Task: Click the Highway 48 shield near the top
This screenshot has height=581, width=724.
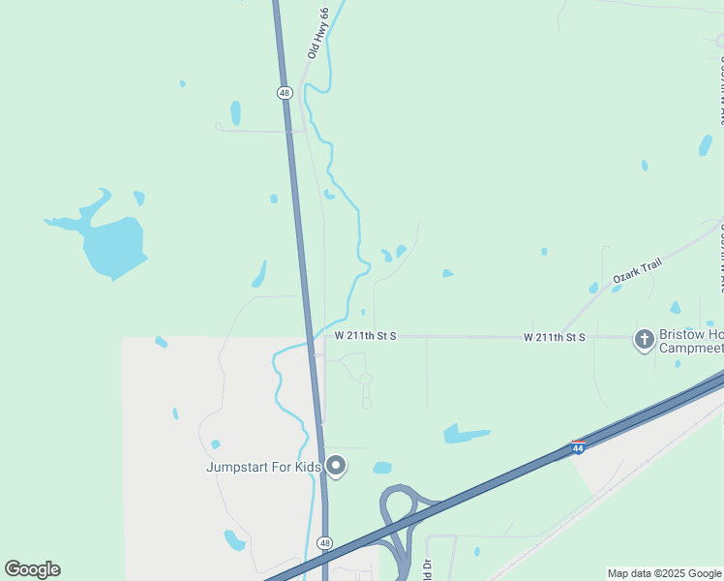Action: (x=284, y=93)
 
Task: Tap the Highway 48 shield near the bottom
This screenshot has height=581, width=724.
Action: (x=325, y=543)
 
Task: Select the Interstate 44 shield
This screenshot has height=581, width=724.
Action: (x=578, y=448)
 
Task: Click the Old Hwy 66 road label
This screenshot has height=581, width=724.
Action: (x=318, y=34)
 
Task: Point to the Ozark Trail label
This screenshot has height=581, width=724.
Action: (x=637, y=272)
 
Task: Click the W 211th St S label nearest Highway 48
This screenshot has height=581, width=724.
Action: (x=366, y=335)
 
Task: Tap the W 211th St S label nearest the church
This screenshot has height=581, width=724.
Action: (x=555, y=337)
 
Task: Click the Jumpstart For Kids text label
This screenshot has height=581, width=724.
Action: (x=263, y=467)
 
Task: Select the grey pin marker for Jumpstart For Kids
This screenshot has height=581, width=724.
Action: (x=336, y=466)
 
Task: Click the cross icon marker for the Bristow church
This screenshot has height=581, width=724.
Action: (x=644, y=339)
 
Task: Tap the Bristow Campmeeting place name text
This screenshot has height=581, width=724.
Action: (x=690, y=341)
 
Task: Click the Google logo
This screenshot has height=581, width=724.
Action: (x=32, y=569)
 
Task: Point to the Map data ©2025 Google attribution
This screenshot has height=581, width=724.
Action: (x=664, y=573)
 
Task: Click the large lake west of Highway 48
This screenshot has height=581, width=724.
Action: (x=114, y=245)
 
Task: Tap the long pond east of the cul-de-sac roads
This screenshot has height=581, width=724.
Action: (x=466, y=434)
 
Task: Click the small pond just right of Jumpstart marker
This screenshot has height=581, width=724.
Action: (x=382, y=468)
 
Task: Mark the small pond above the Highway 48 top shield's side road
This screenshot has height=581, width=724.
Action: (x=235, y=112)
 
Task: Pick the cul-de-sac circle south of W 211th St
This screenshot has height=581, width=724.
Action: (x=365, y=379)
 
